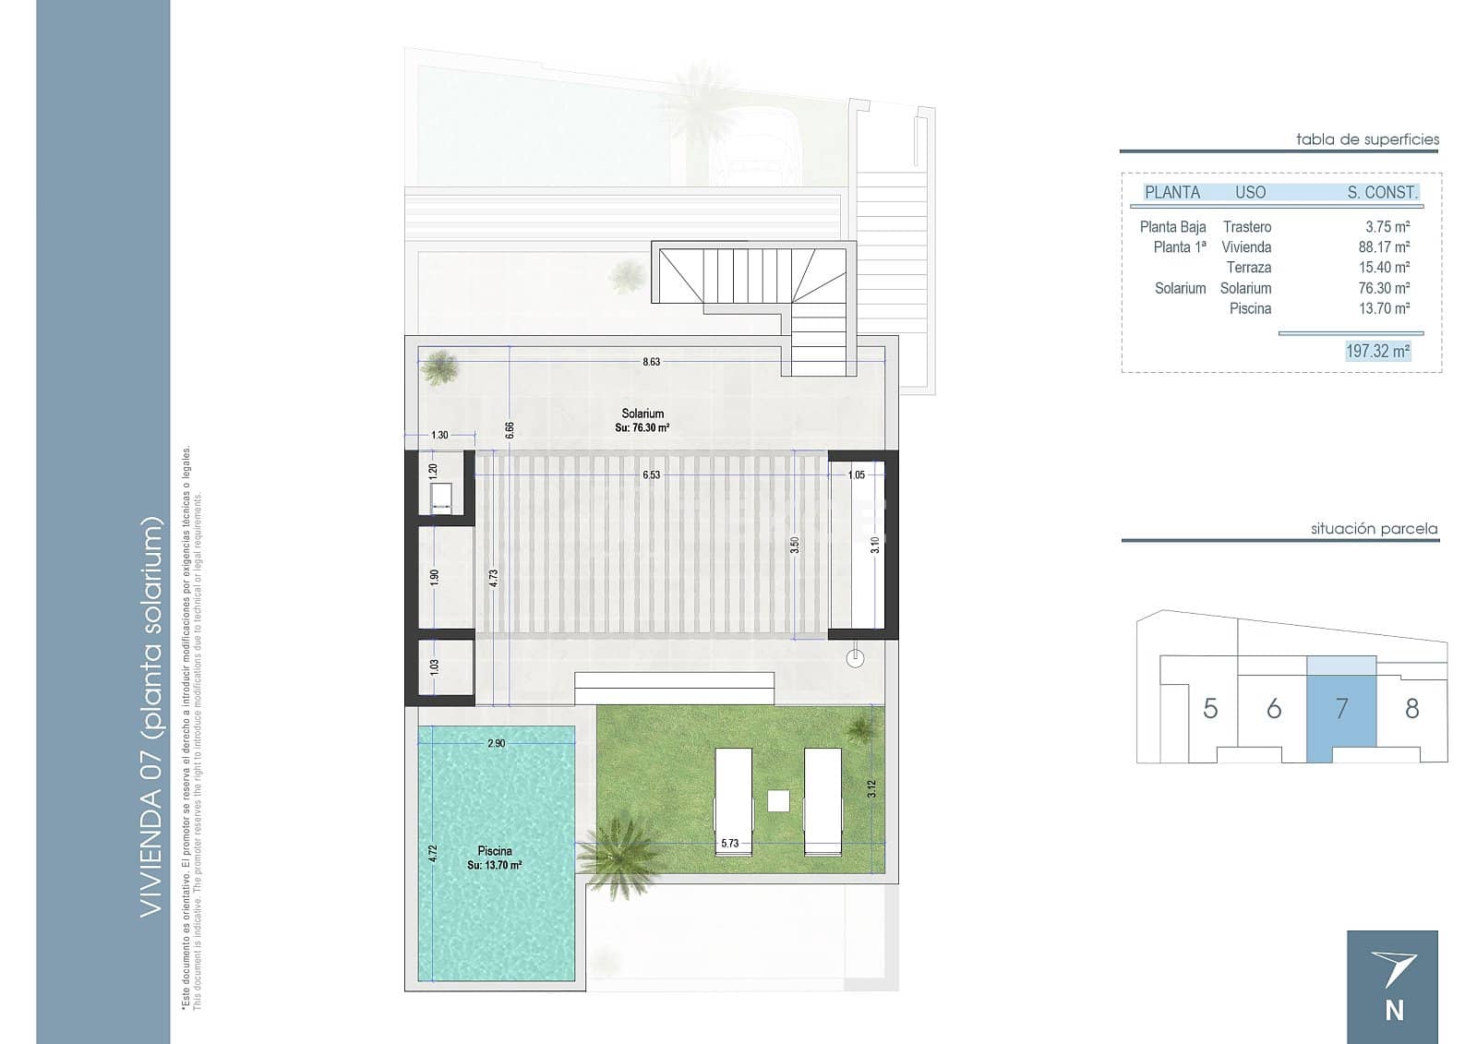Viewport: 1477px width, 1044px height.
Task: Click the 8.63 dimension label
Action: click(651, 362)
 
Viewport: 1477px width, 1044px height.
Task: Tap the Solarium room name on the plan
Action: click(642, 414)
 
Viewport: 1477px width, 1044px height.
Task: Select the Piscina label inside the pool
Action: click(495, 851)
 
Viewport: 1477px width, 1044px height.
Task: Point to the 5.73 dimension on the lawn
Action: click(729, 843)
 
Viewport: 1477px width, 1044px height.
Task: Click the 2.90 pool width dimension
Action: click(496, 743)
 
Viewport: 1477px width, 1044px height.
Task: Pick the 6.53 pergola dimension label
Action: click(651, 474)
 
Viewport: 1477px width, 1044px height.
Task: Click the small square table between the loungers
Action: click(778, 800)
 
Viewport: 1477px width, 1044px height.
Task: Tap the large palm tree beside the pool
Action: click(618, 854)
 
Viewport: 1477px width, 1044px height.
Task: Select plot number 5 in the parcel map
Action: click(1210, 709)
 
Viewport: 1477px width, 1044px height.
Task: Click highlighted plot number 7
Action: click(1341, 709)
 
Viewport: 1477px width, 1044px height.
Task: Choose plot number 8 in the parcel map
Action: click(1411, 709)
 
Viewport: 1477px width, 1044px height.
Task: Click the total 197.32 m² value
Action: click(1377, 351)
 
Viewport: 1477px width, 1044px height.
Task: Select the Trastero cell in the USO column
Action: click(1247, 227)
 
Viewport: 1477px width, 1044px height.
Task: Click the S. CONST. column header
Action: click(1382, 193)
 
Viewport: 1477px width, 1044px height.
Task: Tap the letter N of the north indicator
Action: click(1394, 1011)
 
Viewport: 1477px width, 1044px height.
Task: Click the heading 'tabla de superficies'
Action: click(1367, 139)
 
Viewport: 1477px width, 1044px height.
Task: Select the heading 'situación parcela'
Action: click(1375, 528)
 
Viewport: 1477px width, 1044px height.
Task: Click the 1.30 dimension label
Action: click(439, 436)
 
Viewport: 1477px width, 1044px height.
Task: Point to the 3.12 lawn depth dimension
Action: click(871, 789)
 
